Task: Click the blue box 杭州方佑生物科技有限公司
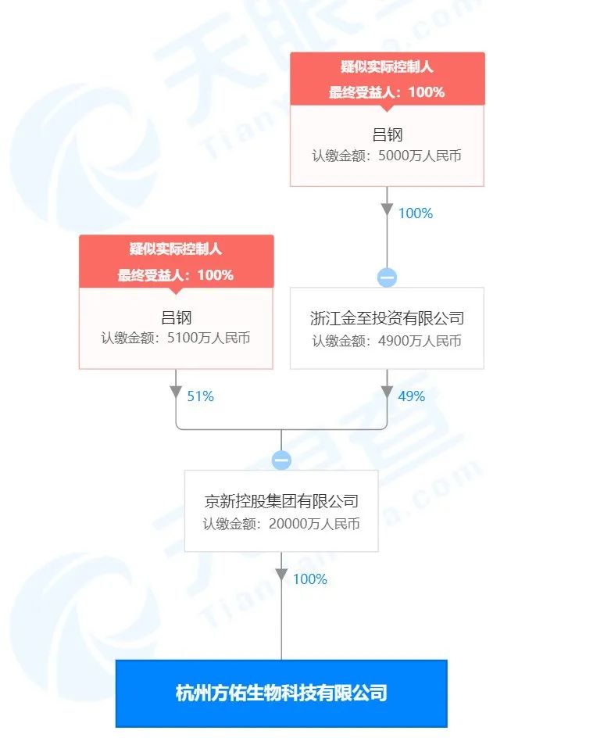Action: (x=281, y=693)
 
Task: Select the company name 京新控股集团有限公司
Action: (x=281, y=501)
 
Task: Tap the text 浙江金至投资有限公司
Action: (x=387, y=318)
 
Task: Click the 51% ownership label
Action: (x=200, y=396)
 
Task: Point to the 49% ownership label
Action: (x=412, y=396)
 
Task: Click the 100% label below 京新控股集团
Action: (x=310, y=579)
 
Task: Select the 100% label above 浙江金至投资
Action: (x=416, y=213)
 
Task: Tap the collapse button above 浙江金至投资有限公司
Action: (x=387, y=278)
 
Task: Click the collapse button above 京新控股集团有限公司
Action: (x=281, y=460)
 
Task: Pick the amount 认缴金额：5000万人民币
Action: (x=387, y=156)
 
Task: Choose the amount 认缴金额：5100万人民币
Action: (x=176, y=338)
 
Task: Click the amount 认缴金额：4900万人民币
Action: (x=387, y=341)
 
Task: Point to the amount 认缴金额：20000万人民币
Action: (x=281, y=524)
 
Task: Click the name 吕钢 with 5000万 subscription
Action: (x=387, y=135)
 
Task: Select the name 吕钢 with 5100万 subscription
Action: (x=176, y=317)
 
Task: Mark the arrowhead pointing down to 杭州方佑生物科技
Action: (x=281, y=575)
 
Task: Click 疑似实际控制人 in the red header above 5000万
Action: (x=387, y=66)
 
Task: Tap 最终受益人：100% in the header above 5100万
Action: (x=176, y=275)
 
